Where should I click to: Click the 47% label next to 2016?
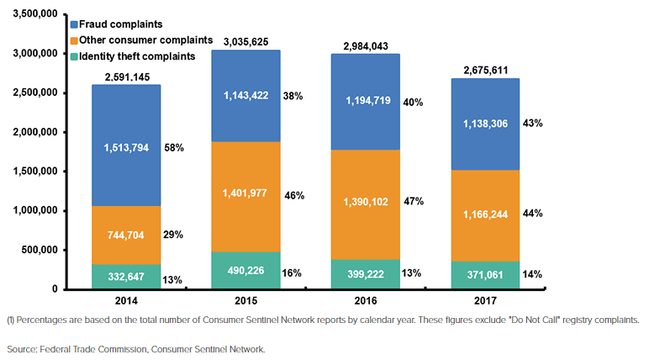click(414, 202)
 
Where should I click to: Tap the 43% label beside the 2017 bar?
click(532, 123)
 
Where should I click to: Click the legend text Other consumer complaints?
click(148, 40)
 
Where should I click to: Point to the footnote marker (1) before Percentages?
click(11, 320)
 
